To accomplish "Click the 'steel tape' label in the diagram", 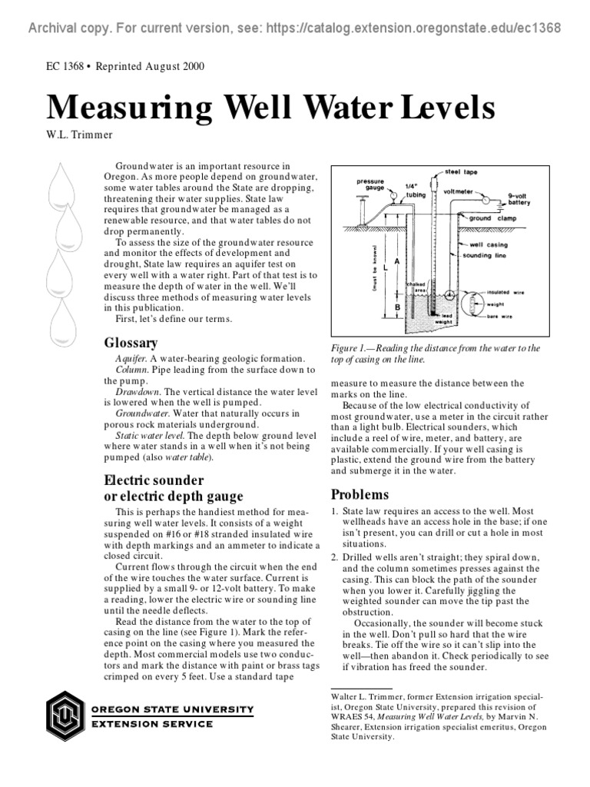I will [x=461, y=172].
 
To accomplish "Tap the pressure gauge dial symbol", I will [x=393, y=195].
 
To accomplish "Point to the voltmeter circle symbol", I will [x=484, y=198].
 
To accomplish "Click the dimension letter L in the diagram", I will [x=384, y=267].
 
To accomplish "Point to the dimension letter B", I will [x=396, y=307].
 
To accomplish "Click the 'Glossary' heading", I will [x=131, y=343].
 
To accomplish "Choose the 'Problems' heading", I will [x=360, y=494].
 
